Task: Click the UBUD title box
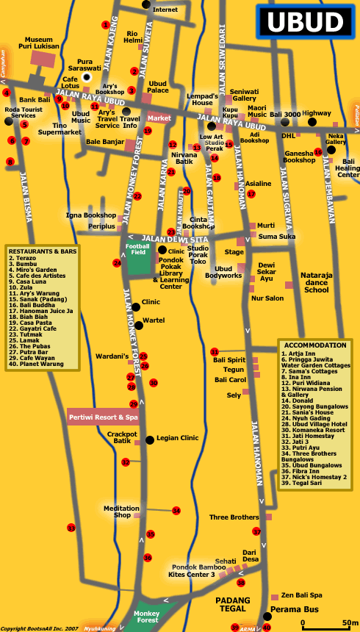[305, 22]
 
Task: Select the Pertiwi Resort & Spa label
[104, 417]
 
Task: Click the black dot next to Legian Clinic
[150, 439]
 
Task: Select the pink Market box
[159, 118]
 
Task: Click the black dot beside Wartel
[135, 320]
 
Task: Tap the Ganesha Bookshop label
[299, 157]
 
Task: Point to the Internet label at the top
[165, 10]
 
